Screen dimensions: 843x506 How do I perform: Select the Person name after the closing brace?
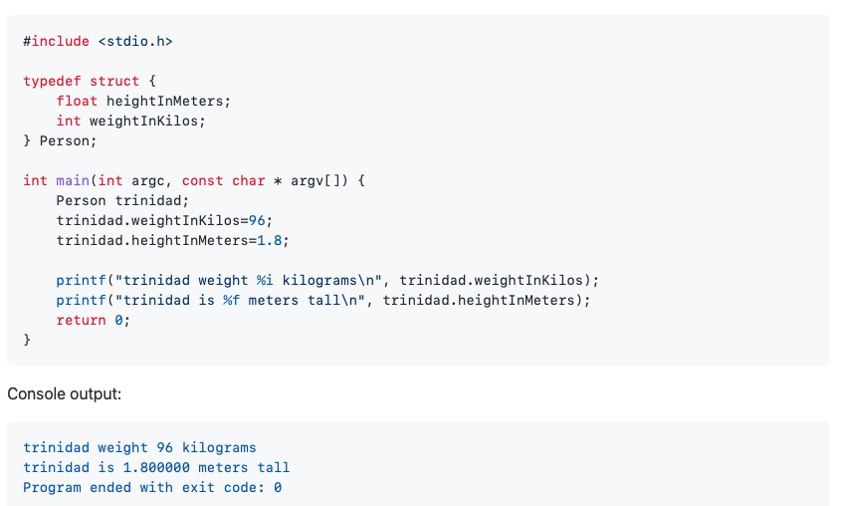click(69, 140)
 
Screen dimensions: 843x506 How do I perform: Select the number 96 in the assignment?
click(260, 220)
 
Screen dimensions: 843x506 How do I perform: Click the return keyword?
click(81, 320)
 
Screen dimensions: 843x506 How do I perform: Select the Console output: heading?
click(65, 393)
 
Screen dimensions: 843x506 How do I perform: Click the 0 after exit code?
click(278, 487)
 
